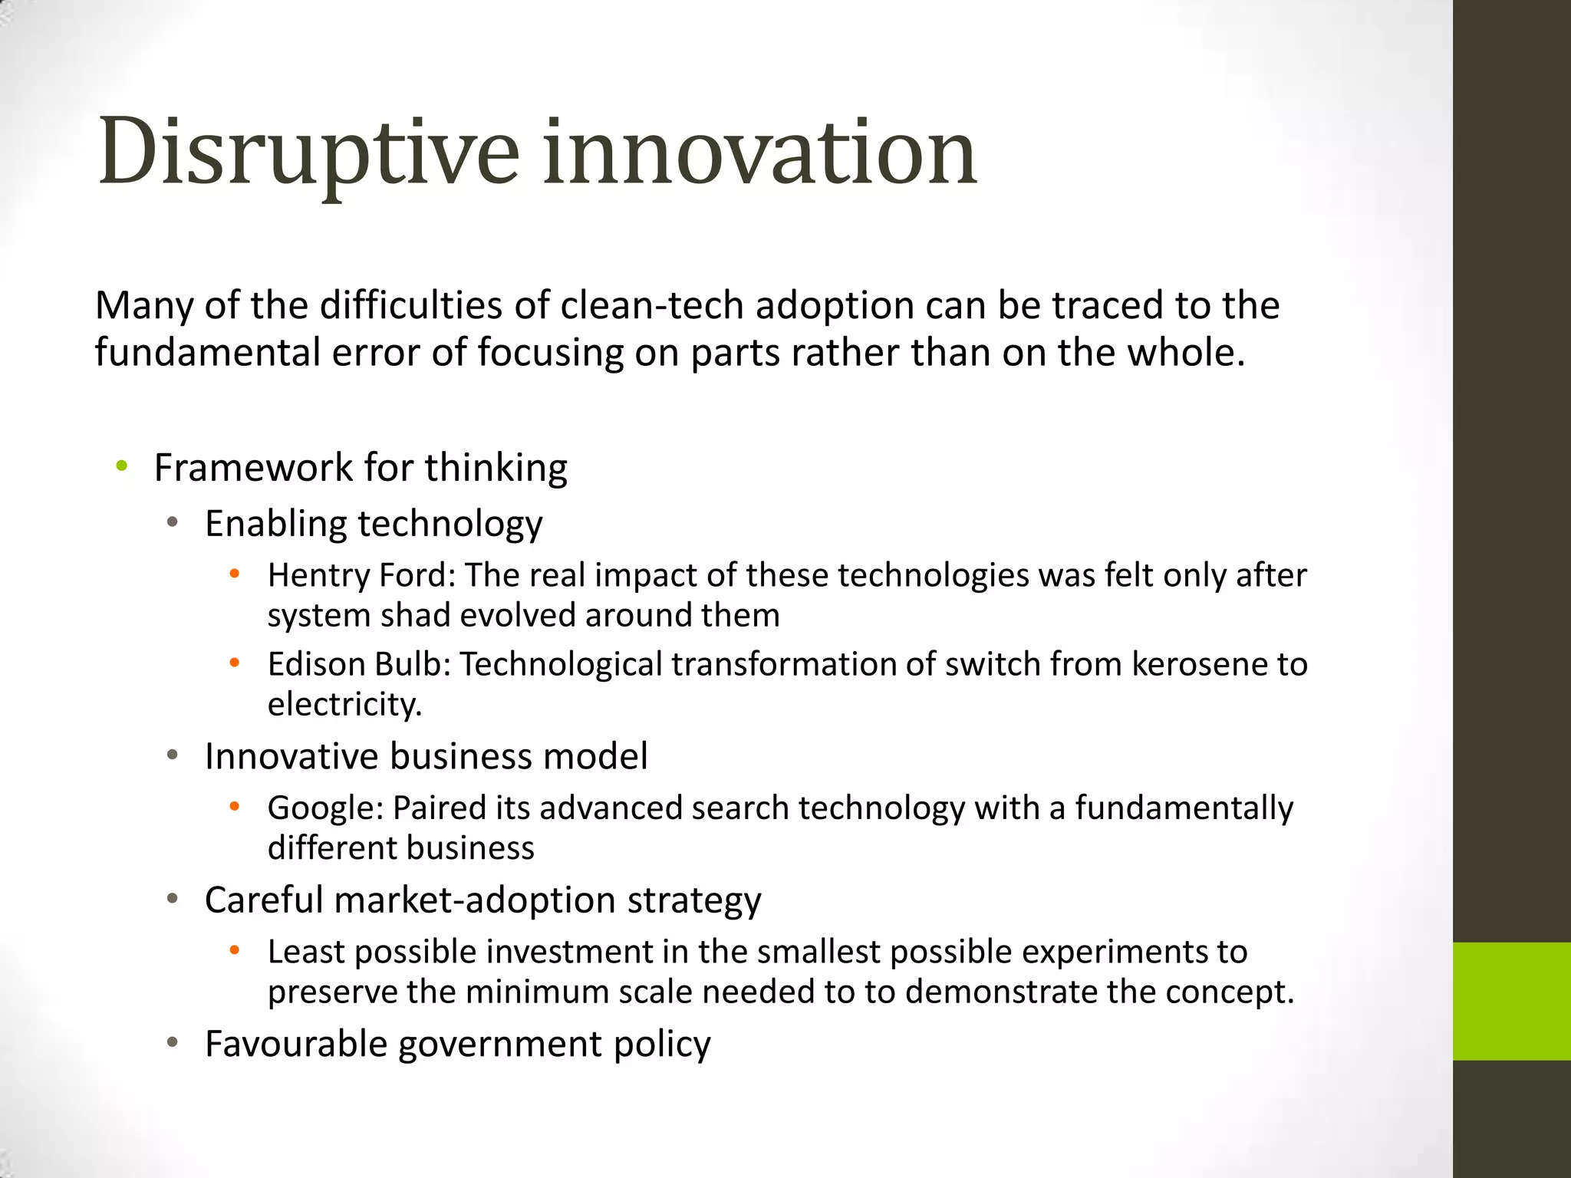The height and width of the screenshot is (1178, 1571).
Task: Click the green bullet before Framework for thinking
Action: point(121,466)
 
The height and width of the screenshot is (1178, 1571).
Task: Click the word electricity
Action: point(344,705)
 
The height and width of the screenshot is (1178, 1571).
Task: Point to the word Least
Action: point(306,952)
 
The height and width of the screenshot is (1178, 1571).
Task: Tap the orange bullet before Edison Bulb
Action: point(235,662)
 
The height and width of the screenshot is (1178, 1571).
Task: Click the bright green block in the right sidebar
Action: point(1511,1001)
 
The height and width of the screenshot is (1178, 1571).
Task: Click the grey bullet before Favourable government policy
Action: point(173,1042)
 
